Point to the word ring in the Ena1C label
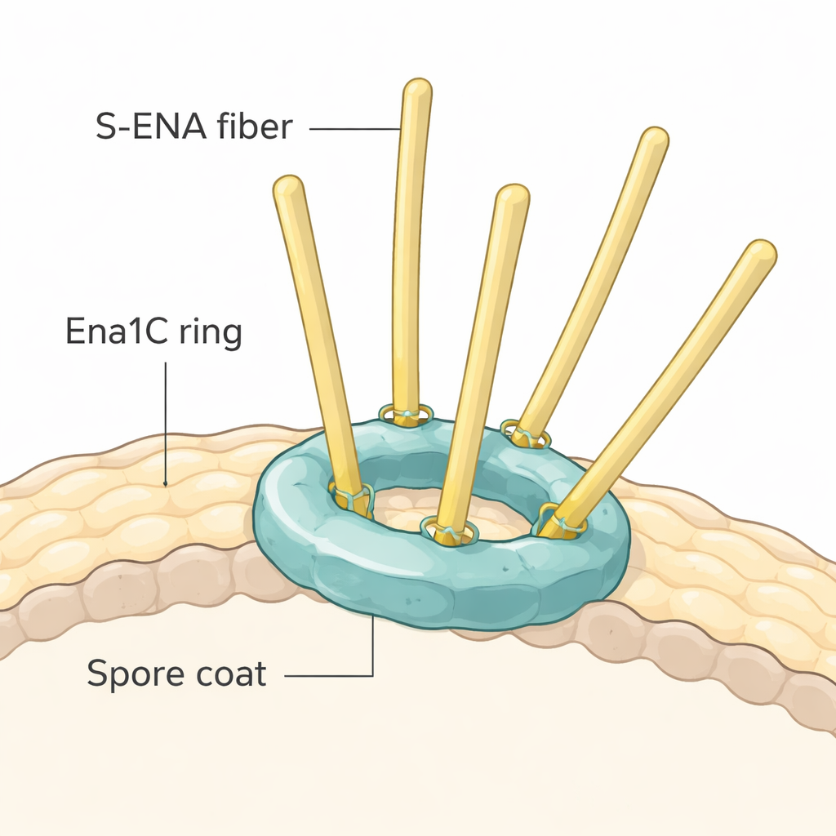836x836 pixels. (210, 335)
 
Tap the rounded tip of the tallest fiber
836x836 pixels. (417, 88)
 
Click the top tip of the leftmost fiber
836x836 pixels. (287, 186)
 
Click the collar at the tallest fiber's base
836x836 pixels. (405, 415)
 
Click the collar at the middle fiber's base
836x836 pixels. (448, 531)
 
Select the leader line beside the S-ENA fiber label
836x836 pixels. (354, 129)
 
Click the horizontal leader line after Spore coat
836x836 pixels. (327, 675)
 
